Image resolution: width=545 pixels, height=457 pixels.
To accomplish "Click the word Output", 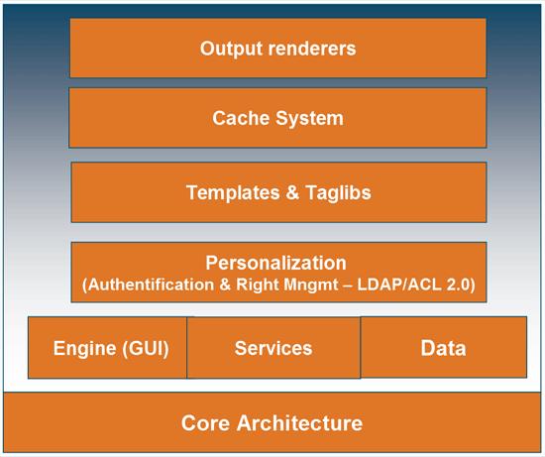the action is coord(232,49).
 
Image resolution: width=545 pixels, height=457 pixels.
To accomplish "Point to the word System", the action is coord(309,118).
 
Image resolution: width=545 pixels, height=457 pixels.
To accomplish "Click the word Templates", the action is coord(233,193).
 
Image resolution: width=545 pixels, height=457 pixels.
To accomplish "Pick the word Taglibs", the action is coord(338,192).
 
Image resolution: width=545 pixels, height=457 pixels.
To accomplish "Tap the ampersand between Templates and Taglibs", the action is coord(292,192).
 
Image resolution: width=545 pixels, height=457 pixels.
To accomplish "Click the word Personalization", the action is coord(276,263).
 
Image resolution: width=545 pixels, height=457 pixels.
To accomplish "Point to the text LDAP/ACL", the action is coord(399,285).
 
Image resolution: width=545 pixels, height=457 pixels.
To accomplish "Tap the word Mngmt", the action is coord(311,286).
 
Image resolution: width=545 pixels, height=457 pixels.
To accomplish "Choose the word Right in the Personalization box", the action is coord(258,285).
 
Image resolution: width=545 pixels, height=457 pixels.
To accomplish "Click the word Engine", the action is coord(84,348).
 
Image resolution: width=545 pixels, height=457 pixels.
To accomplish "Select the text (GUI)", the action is coord(146,348).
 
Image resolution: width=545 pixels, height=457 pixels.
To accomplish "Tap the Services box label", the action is coord(273,348).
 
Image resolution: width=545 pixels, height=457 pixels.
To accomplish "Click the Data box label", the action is coord(443,348).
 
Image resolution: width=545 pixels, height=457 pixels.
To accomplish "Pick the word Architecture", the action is coord(299,423).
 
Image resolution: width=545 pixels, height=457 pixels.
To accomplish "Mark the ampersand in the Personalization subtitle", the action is coord(225,285).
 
